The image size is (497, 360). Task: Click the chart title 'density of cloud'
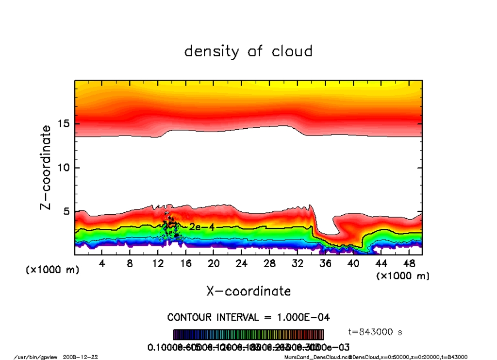click(x=248, y=51)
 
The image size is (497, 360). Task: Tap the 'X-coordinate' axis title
click(x=248, y=291)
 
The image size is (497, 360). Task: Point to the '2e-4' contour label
click(x=201, y=227)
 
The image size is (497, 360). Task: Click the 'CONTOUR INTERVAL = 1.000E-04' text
click(x=248, y=317)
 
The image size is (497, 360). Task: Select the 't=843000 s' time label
click(x=376, y=332)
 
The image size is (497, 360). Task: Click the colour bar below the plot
click(x=248, y=335)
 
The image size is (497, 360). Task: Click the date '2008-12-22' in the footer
click(x=81, y=357)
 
